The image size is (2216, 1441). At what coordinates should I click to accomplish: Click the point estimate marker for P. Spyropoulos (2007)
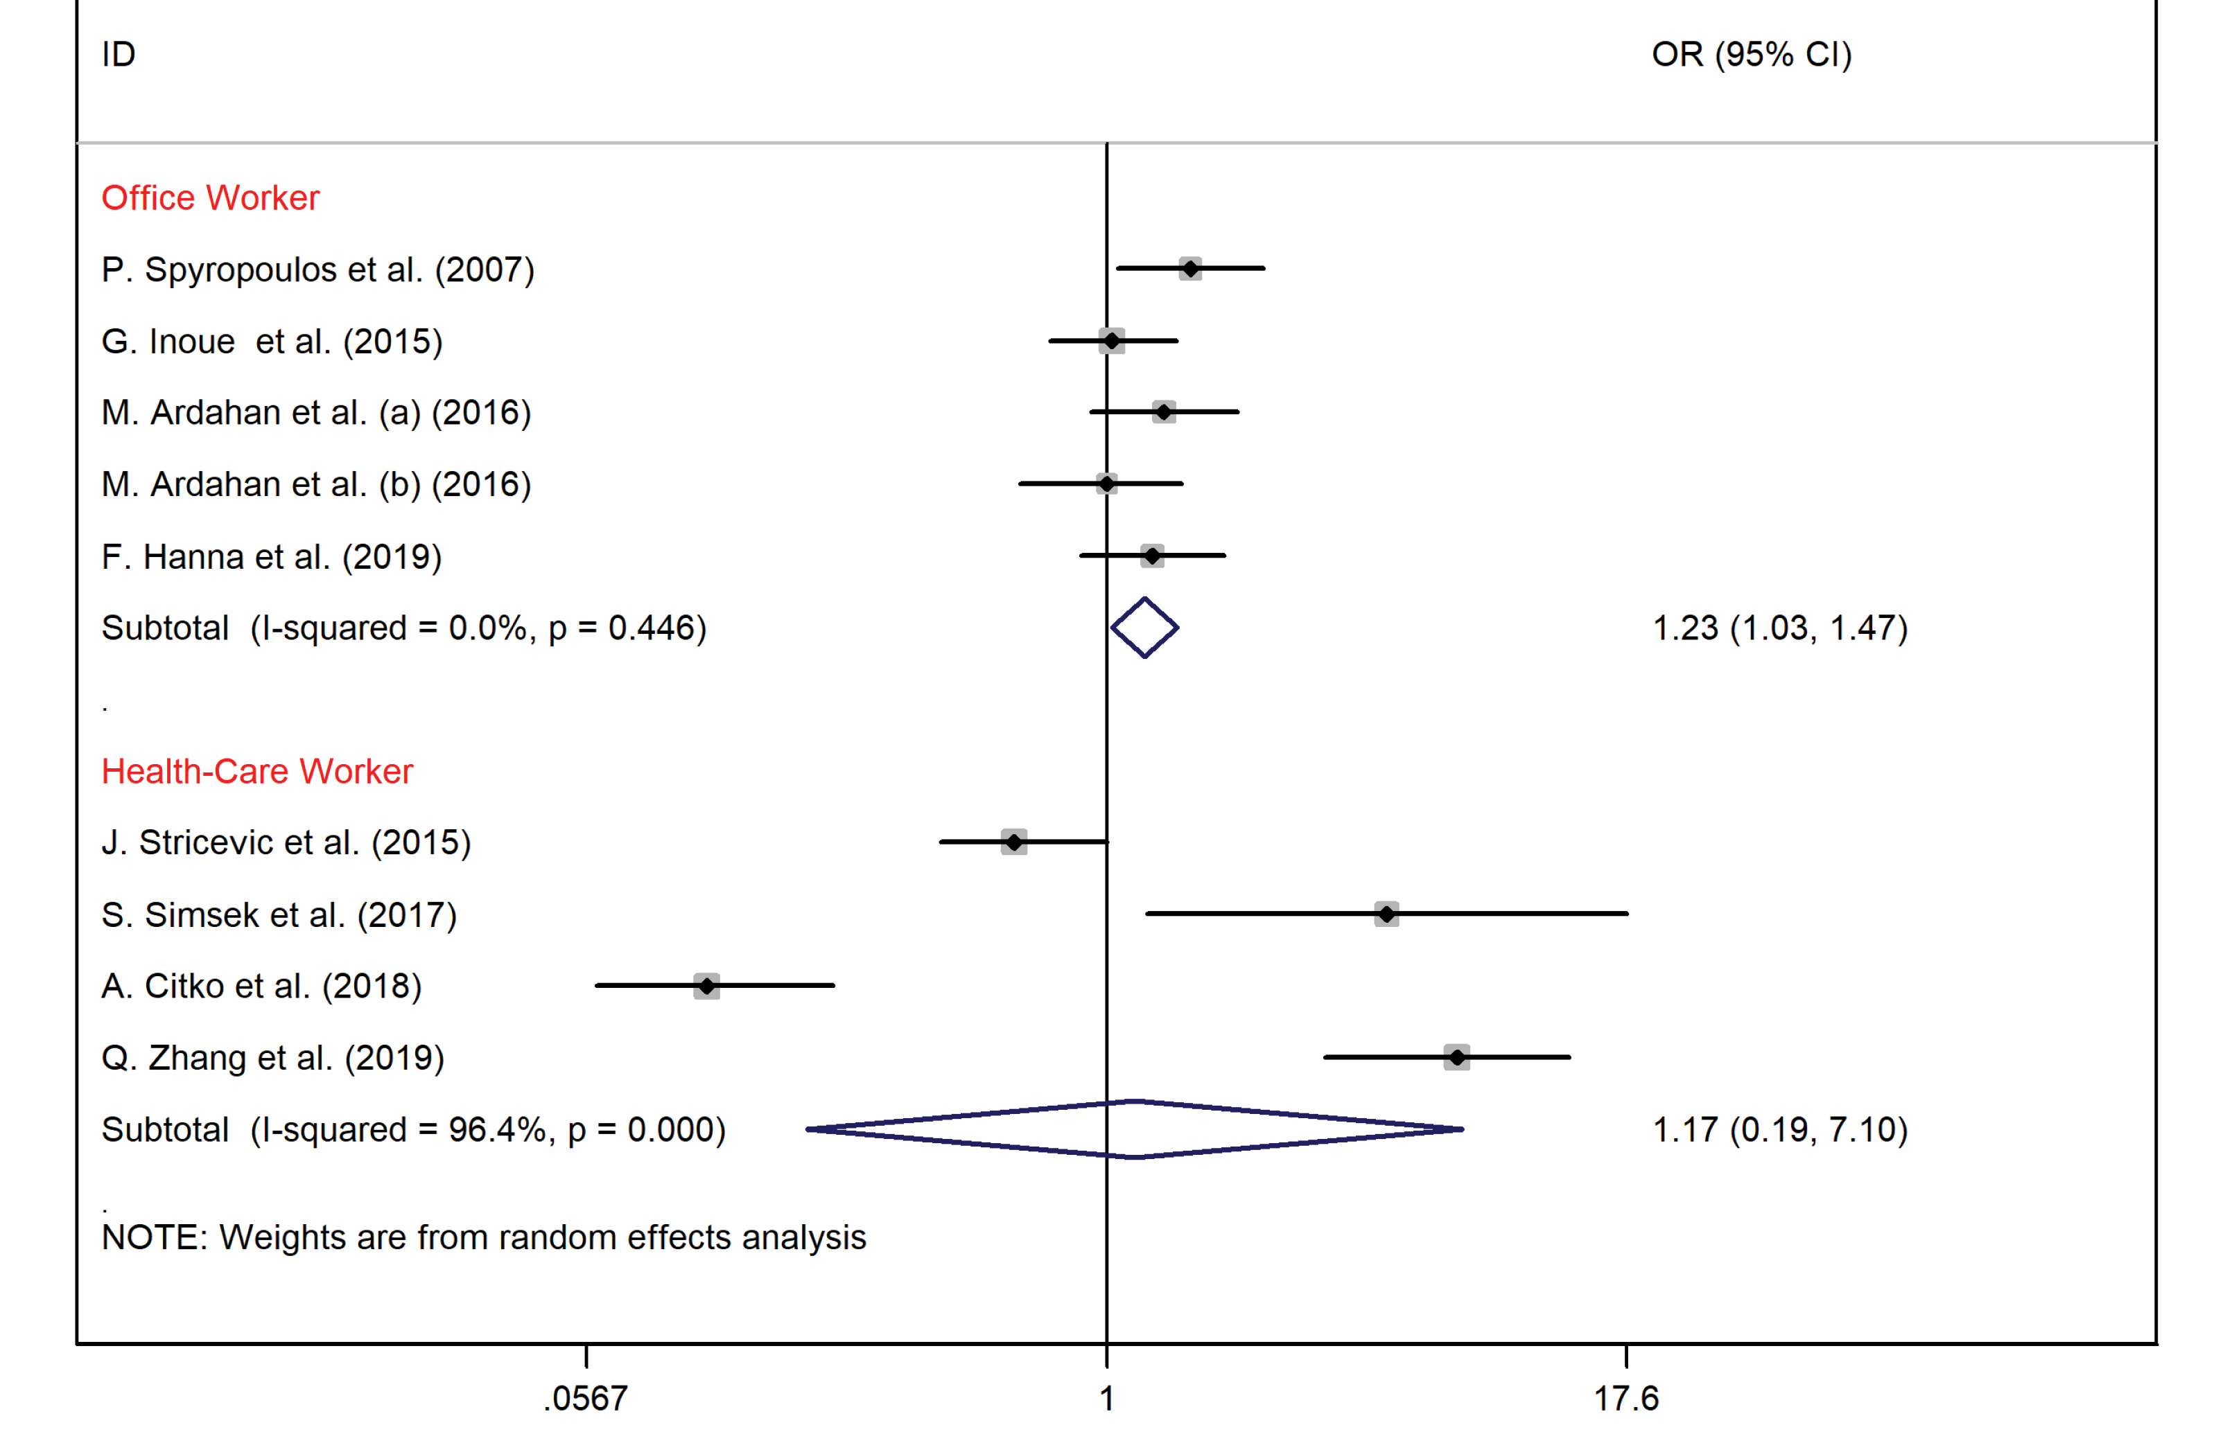[x=1190, y=269]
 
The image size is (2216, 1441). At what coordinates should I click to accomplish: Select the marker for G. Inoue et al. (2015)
[x=1112, y=341]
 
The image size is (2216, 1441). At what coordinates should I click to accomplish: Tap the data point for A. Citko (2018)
[x=707, y=986]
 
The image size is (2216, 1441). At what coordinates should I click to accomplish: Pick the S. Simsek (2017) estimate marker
[x=1386, y=914]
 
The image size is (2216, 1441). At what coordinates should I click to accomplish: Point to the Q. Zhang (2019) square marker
[x=1457, y=1057]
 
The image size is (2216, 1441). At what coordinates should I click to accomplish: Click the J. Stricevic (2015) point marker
[x=1014, y=842]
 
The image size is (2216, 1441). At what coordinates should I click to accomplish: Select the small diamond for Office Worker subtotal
[x=1144, y=628]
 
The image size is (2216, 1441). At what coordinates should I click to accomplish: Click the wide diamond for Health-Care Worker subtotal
[x=1135, y=1129]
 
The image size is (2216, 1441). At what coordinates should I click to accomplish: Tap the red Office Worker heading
[x=211, y=197]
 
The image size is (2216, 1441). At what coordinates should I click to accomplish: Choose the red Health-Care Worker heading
[x=257, y=771]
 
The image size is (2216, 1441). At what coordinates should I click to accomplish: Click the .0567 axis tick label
[x=586, y=1398]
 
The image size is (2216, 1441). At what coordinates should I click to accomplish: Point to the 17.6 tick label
[x=1625, y=1398]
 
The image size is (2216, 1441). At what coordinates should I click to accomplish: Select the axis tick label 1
[x=1106, y=1398]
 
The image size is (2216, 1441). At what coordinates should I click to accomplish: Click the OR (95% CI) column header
[x=1752, y=54]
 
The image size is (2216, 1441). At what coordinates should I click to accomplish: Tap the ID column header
[x=119, y=54]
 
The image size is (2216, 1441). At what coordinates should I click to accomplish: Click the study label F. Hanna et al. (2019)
[x=272, y=557]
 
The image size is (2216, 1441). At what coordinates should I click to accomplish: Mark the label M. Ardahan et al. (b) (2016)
[x=317, y=484]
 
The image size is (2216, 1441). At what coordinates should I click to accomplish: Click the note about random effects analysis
[x=483, y=1237]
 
